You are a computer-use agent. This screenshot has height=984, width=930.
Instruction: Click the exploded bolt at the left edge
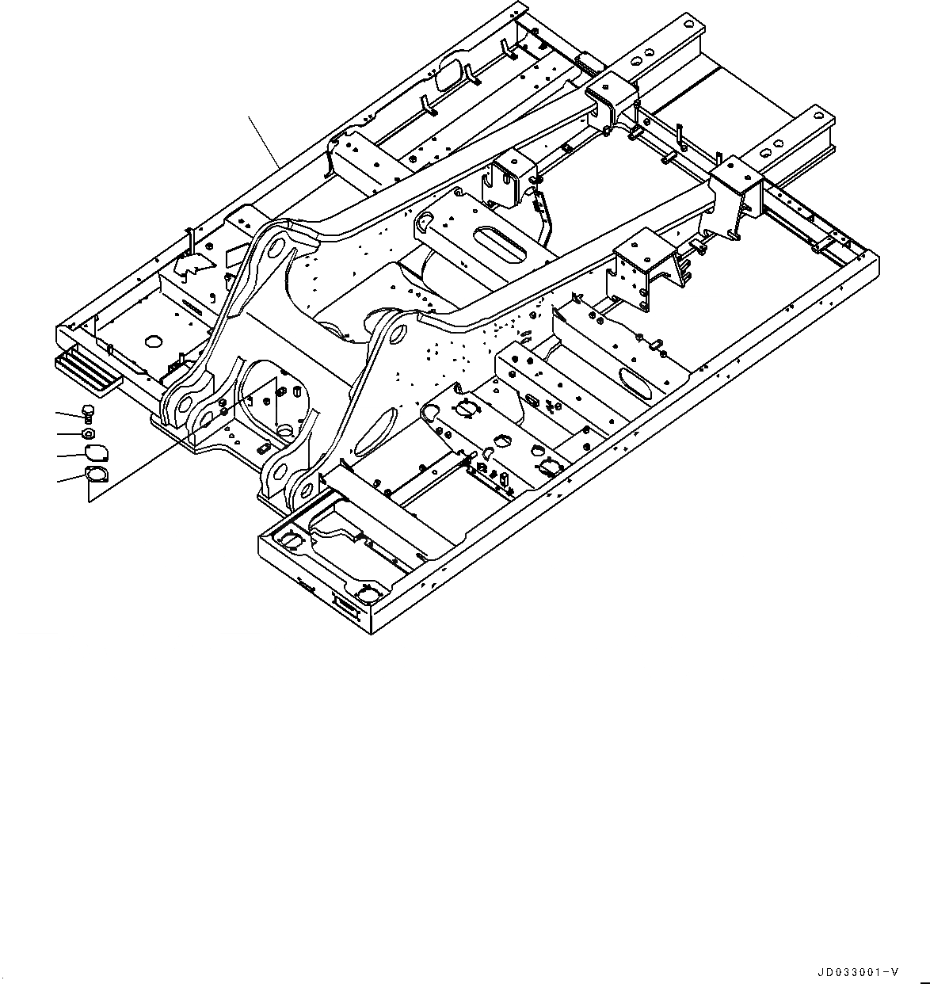point(87,411)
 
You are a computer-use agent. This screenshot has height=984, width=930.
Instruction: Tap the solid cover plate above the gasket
point(95,453)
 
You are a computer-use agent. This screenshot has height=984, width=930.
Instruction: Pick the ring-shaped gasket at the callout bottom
point(96,475)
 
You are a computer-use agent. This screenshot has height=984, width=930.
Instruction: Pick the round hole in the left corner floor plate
point(153,342)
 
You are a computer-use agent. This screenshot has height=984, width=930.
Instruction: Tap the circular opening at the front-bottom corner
point(368,592)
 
